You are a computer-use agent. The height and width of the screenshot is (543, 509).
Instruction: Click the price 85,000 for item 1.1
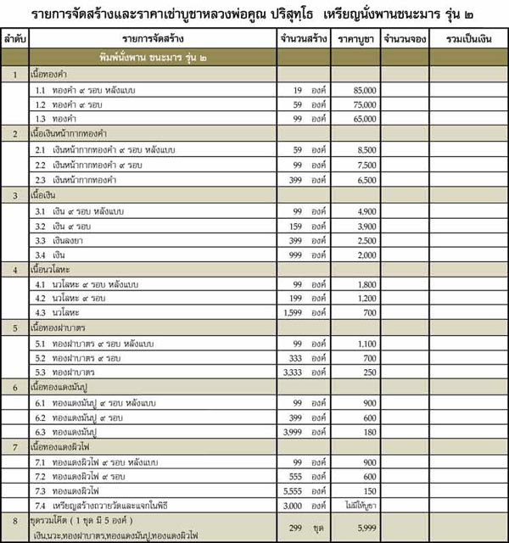point(364,89)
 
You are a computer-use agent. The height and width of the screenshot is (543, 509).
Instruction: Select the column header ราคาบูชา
point(355,41)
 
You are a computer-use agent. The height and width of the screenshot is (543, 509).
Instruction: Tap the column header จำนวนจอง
point(404,41)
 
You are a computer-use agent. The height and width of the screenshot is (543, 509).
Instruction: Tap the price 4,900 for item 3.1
point(366,210)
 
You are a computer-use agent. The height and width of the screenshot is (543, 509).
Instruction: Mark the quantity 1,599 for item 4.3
point(293,311)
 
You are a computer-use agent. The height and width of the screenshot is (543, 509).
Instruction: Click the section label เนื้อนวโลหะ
point(53,271)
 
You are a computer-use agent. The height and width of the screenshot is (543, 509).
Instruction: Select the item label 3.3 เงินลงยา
point(64,240)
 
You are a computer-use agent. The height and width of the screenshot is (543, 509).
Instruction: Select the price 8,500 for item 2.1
point(366,149)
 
